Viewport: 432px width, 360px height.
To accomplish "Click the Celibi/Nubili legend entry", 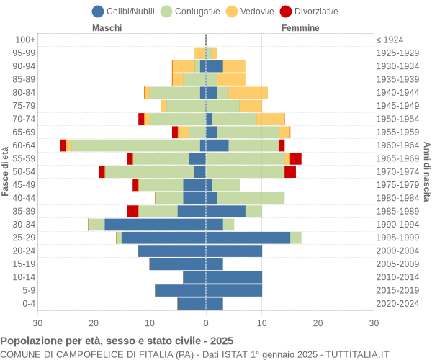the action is [123, 12].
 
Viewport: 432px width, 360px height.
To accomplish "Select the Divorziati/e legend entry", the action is [309, 12].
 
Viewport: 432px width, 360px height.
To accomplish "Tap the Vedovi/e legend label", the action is [257, 12].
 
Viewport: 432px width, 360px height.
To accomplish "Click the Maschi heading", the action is [107, 28].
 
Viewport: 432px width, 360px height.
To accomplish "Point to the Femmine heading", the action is [300, 28].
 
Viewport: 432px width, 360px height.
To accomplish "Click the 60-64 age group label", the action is [24, 145].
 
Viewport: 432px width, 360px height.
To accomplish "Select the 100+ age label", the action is [25, 40].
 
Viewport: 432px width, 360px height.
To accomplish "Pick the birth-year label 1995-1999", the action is [397, 238].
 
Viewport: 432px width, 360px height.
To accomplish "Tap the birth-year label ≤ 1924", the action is [390, 40].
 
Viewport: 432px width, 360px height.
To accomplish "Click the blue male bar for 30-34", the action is [155, 225].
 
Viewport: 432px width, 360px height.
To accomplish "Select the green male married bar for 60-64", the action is [136, 145].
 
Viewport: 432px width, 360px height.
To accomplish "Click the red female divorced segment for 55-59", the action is [296, 158].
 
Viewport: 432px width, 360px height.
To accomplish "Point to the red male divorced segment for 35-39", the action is [132, 211].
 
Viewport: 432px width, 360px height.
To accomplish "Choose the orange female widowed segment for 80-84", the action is [248, 93].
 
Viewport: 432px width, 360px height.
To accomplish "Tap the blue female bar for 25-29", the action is [248, 238].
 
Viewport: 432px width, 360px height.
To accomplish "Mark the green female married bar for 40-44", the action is [251, 198].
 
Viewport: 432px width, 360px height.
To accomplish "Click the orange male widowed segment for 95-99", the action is [200, 53].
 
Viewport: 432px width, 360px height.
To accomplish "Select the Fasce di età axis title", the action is [5, 171].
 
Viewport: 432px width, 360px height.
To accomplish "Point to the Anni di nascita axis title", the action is [426, 171].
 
